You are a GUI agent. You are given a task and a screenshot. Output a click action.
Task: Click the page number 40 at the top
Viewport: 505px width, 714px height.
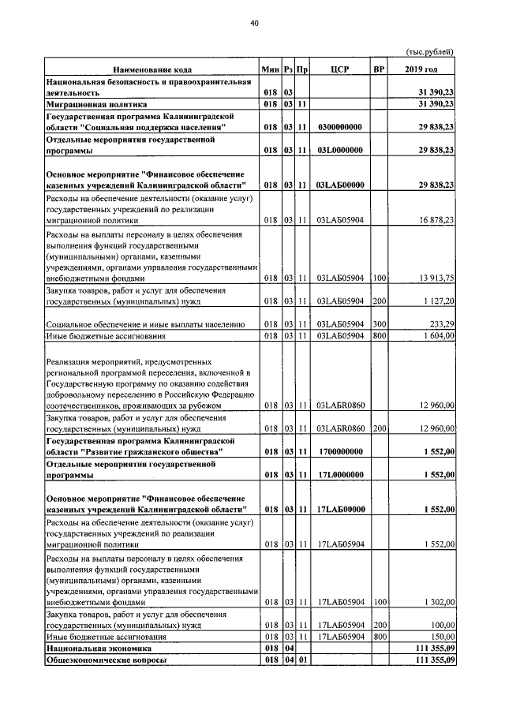pyautogui.click(x=254, y=24)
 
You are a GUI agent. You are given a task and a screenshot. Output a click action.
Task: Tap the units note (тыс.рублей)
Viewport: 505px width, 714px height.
pyautogui.click(x=430, y=52)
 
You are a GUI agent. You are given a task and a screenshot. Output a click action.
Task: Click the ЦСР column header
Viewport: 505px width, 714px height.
pyautogui.click(x=340, y=69)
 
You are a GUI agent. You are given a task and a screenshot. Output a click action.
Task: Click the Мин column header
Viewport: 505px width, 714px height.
pyautogui.click(x=271, y=69)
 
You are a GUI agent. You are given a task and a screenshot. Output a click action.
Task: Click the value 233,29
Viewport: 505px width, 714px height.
pyautogui.click(x=441, y=324)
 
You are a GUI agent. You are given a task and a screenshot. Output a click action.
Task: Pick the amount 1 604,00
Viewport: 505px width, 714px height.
pyautogui.click(x=439, y=336)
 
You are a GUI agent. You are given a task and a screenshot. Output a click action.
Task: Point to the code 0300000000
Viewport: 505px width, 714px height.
pyautogui.click(x=340, y=126)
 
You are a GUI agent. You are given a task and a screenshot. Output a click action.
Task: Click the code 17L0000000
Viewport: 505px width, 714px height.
pyautogui.click(x=340, y=476)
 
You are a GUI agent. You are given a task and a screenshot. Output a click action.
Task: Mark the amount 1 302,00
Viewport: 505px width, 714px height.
pyautogui.click(x=439, y=601)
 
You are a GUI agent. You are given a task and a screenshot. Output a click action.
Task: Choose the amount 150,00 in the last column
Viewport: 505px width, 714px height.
pyautogui.click(x=441, y=637)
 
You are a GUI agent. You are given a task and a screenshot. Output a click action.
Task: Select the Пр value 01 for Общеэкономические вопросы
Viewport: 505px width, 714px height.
pyautogui.click(x=302, y=660)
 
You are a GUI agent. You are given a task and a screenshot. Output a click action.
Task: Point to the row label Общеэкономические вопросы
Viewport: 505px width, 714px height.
pyautogui.click(x=106, y=660)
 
